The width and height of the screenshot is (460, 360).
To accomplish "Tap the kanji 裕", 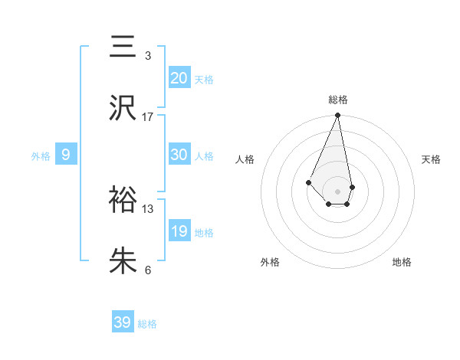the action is (x=123, y=201).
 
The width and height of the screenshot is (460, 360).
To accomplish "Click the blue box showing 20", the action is (x=179, y=78).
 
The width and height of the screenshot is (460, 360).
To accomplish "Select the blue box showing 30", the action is (x=179, y=155).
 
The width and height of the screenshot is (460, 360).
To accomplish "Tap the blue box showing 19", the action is (x=179, y=231).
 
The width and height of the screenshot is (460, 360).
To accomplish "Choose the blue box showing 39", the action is (x=123, y=322).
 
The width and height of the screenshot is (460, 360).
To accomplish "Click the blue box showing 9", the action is (x=66, y=155).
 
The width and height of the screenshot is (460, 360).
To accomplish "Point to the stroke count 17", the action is (x=148, y=117).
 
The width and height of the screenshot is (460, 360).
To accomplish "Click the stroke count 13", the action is (x=148, y=208).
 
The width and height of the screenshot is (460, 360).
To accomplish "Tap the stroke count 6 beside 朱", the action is (x=148, y=270).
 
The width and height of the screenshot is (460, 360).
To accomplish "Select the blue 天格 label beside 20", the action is (x=204, y=79).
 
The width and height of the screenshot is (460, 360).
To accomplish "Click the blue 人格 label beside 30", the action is (x=204, y=155).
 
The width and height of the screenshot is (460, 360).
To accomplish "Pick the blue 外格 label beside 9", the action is (x=41, y=155).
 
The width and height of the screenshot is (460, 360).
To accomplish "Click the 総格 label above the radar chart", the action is (x=338, y=100).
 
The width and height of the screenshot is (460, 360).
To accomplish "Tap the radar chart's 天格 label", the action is (x=432, y=159).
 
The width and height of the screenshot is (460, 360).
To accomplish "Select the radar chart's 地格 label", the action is (x=402, y=262).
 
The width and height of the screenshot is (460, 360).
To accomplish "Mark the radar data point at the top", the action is (x=338, y=116).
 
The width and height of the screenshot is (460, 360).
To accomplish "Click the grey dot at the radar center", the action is (x=338, y=191).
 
